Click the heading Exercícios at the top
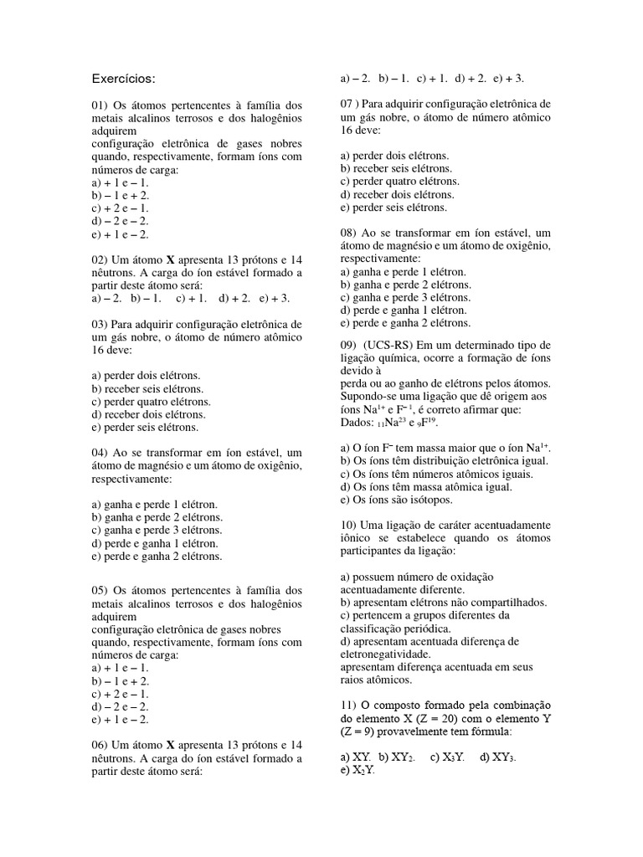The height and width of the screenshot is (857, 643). pos(123,79)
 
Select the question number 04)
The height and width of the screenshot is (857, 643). pos(100,453)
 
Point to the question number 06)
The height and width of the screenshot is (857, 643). pos(100,745)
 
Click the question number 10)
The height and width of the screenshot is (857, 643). pos(350,524)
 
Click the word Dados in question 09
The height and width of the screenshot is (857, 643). pos(358,422)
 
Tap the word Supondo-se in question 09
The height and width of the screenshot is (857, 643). pos(368,396)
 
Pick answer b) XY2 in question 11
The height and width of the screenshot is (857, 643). pos(398,757)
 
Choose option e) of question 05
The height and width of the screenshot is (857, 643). pos(121,719)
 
